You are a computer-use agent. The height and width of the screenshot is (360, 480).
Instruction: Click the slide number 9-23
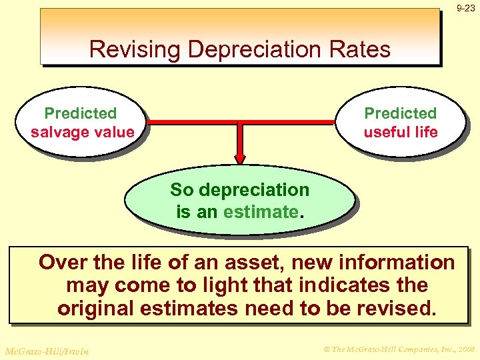465,8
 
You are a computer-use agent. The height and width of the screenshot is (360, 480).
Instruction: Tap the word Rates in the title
364,49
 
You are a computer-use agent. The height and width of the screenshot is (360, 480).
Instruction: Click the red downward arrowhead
240,159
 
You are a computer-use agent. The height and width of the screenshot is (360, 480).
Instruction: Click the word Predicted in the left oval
80,113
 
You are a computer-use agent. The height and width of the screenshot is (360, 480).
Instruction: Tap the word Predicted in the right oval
400,113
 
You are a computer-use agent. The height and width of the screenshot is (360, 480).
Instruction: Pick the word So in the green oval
181,190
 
